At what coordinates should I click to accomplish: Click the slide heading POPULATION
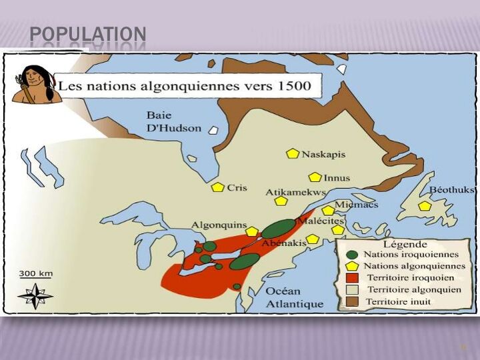pos(88,34)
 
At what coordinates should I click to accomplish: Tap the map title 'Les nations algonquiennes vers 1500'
pos(189,86)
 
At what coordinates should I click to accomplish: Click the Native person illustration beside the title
pos(35,84)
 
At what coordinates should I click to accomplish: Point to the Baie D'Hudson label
pos(173,121)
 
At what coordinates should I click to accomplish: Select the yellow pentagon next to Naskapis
pos(292,154)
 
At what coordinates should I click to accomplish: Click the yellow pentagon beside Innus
pos(315,177)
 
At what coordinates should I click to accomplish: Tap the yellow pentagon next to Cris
pos(217,187)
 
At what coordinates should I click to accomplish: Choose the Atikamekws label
pos(295,192)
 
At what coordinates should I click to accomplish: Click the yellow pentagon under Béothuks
pos(425,206)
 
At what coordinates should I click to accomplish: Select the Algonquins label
pos(219,225)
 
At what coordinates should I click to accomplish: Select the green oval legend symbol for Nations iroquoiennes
pos(352,255)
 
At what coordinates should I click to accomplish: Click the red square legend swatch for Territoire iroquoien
pos(353,278)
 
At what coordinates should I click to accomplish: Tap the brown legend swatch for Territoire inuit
pos(353,301)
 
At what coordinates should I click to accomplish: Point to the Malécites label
pos(321,221)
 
